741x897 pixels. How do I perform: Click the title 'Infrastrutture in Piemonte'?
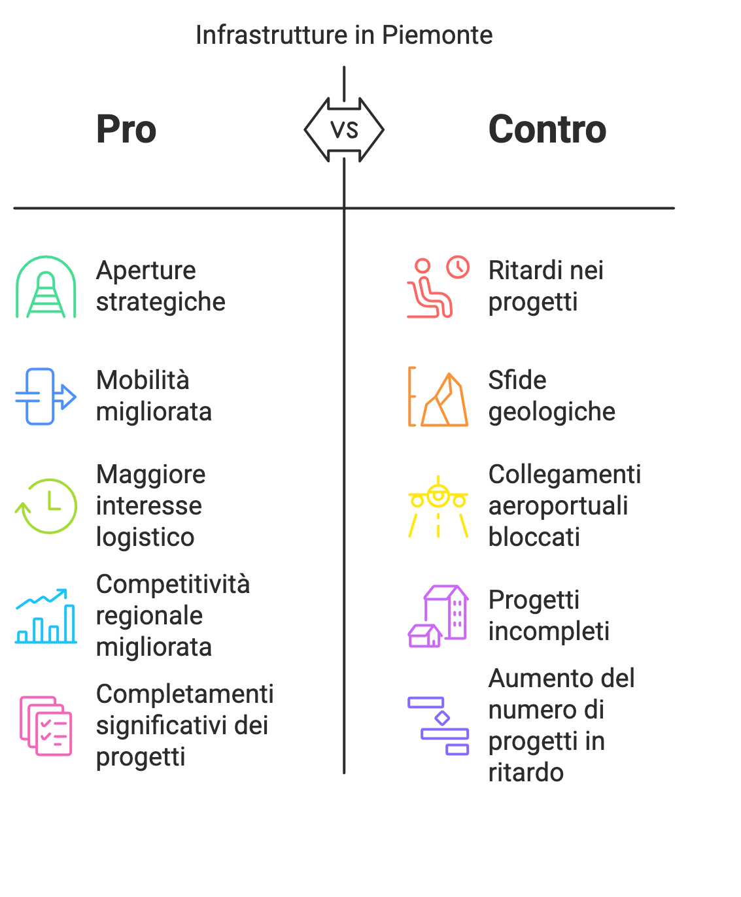343,35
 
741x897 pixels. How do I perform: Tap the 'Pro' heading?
126,129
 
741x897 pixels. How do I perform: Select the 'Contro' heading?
547,129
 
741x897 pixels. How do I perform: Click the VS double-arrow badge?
344,130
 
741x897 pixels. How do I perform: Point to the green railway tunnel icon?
46,287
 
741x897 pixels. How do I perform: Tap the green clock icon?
46,506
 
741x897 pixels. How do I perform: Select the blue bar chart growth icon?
46,616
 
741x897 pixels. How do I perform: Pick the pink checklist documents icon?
46,726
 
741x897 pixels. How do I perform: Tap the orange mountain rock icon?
438,396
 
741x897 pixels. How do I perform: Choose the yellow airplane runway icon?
438,506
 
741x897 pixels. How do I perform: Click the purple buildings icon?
438,616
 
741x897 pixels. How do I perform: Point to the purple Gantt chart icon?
438,726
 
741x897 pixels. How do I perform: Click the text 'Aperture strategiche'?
160,286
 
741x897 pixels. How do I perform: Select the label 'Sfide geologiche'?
551,396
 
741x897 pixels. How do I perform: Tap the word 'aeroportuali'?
558,506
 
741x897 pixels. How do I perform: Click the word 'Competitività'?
173,584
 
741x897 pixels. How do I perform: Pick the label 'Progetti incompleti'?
549,616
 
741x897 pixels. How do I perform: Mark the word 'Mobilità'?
143,381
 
